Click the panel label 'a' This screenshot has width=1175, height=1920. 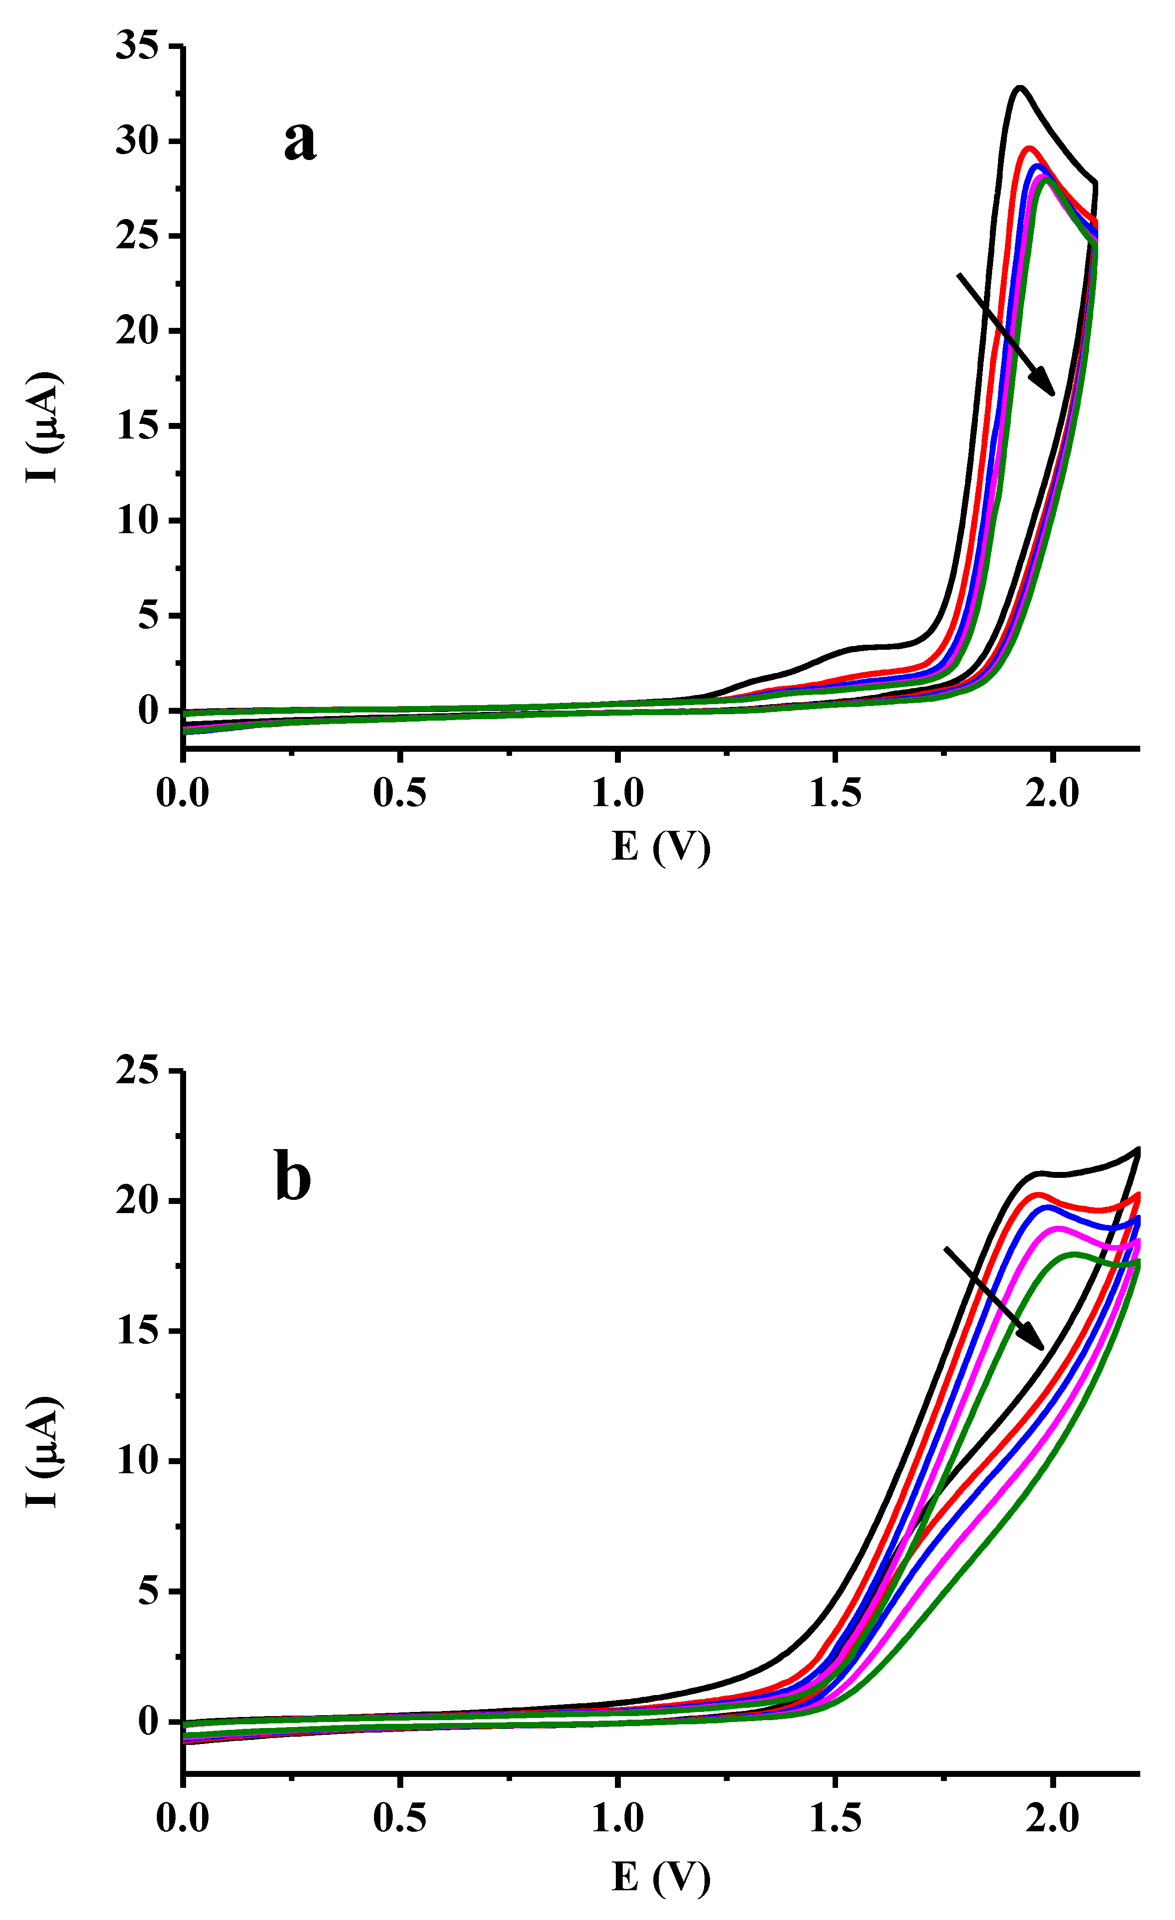pyautogui.click(x=300, y=142)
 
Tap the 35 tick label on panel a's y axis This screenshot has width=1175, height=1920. pyautogui.click(x=137, y=46)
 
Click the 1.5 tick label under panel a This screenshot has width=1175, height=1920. pyautogui.click(x=834, y=793)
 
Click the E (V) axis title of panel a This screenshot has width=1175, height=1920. pyautogui.click(x=661, y=846)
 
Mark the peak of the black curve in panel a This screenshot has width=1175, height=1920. pyautogui.click(x=1018, y=87)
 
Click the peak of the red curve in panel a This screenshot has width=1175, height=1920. pyautogui.click(x=1029, y=148)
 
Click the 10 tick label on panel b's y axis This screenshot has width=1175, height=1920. pyautogui.click(x=137, y=1462)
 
